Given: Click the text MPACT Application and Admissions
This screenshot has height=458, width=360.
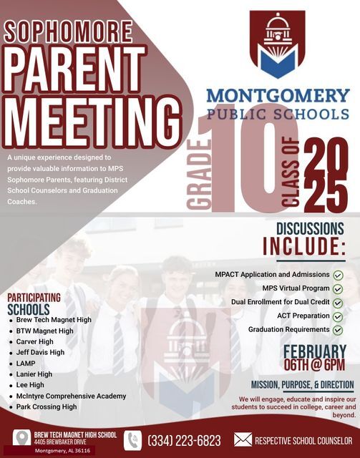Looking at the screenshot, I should [272, 275].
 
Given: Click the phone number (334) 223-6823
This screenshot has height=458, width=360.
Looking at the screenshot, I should [184, 440].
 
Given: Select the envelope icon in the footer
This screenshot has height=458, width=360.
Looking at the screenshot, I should [243, 440].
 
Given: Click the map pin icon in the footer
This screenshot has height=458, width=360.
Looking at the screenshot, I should [21, 438].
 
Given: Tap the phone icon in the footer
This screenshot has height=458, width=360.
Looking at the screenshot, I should [132, 440].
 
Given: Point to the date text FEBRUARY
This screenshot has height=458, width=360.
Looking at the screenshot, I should [315, 351].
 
